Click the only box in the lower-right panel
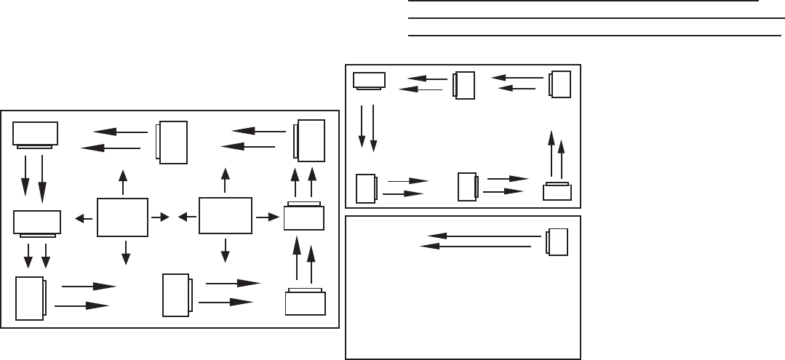pos(558,242)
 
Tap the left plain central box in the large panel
pos(123,217)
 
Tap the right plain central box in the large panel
pos(226,216)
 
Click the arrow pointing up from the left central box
pos(123,182)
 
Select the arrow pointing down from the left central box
pos(126,251)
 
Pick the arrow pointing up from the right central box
pos(226,180)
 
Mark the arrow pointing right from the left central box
pos(161,217)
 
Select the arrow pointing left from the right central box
pos(186,216)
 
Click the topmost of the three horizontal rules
pos(583,3)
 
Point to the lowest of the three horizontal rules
pos(589,35)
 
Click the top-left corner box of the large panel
pos(36,134)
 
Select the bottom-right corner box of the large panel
pos(305,302)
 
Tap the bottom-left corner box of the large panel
pos(30,297)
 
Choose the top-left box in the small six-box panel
pos(370,81)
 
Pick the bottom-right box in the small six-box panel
pos(557,192)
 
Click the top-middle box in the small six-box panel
pos(464,85)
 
